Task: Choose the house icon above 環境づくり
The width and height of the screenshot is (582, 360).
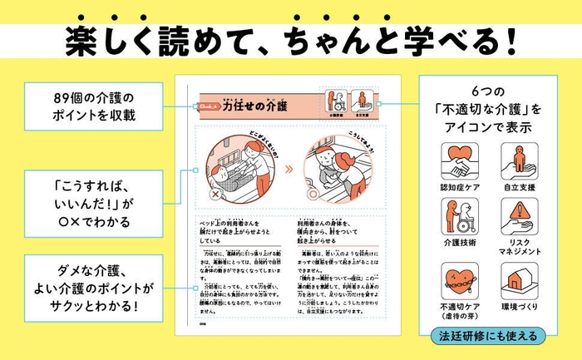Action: coord(521,281)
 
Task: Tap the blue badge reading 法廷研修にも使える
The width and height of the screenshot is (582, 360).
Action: coord(489,337)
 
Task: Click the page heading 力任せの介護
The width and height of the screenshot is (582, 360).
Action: coord(254,106)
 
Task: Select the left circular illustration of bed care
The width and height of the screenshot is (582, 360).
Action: coord(239,170)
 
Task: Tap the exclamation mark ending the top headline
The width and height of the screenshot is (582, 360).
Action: coord(510,39)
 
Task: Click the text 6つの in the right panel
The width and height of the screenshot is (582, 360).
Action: coord(489,91)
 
